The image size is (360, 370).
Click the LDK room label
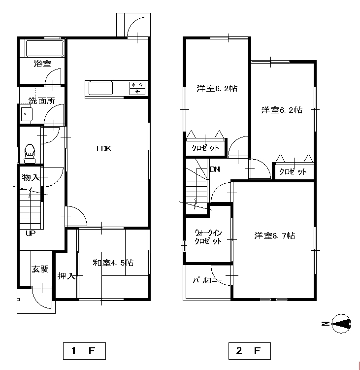104,149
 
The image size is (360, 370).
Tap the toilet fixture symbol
30,153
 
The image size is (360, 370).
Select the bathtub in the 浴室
45,49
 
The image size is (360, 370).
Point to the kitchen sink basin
100,88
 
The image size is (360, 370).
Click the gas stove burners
137,88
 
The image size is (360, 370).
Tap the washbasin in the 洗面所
26,114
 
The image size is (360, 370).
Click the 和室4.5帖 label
113,263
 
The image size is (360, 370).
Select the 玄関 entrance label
40,269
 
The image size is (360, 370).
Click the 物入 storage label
31,177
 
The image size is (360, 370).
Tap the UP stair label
31,234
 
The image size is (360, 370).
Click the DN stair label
215,169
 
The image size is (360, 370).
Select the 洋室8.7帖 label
275,235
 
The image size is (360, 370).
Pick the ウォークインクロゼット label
208,237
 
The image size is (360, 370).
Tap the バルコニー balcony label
207,280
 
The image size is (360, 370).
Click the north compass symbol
341,324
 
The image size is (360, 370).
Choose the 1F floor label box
84,351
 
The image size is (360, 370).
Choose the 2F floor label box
250,351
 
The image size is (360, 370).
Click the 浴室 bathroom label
42,64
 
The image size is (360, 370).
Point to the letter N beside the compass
326,324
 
